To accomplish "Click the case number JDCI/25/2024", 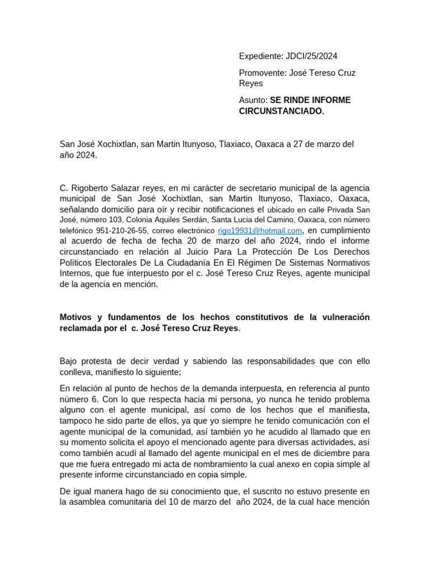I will pyautogui.click(x=312, y=56).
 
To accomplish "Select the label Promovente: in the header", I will pyautogui.click(x=262, y=73).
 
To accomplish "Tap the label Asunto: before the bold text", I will pyautogui.click(x=253, y=100).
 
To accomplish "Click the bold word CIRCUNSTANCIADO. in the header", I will pyautogui.click(x=282, y=111).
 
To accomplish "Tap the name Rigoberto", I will pyautogui.click(x=90, y=188).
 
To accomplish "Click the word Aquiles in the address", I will pyautogui.click(x=164, y=220).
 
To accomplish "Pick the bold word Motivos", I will pyautogui.click(x=76, y=317).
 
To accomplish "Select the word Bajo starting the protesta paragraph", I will pyautogui.click(x=70, y=361).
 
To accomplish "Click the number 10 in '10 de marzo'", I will pyautogui.click(x=175, y=502).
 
